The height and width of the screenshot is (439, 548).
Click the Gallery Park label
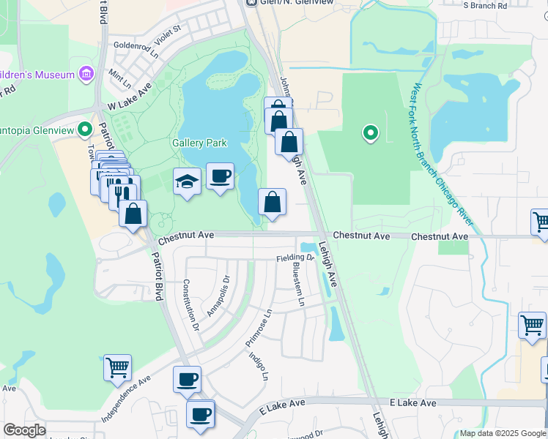pos(199,143)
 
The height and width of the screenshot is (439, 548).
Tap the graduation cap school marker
pos(188,181)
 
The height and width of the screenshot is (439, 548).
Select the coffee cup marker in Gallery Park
pos(220,176)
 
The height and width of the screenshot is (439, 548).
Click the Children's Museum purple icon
pos(87,74)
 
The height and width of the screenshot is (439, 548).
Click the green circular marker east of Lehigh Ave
pos(371,132)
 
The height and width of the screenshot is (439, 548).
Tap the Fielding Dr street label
pos(295,258)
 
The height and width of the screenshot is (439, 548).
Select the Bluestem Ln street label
pos(299,284)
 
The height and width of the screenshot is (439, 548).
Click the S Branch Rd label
pos(485,6)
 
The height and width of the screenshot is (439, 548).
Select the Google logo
pos(24,430)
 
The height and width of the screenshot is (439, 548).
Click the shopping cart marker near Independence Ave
pos(117,368)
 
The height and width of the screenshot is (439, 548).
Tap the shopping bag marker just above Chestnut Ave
pos(272,203)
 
